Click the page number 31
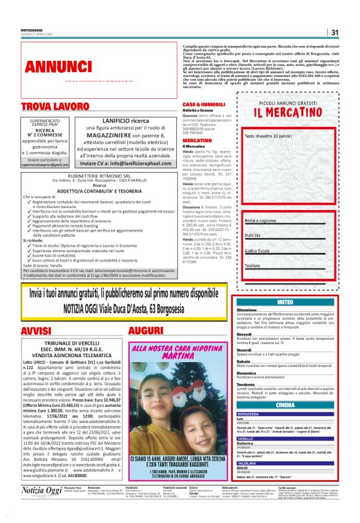pyautogui.click(x=335, y=33)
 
